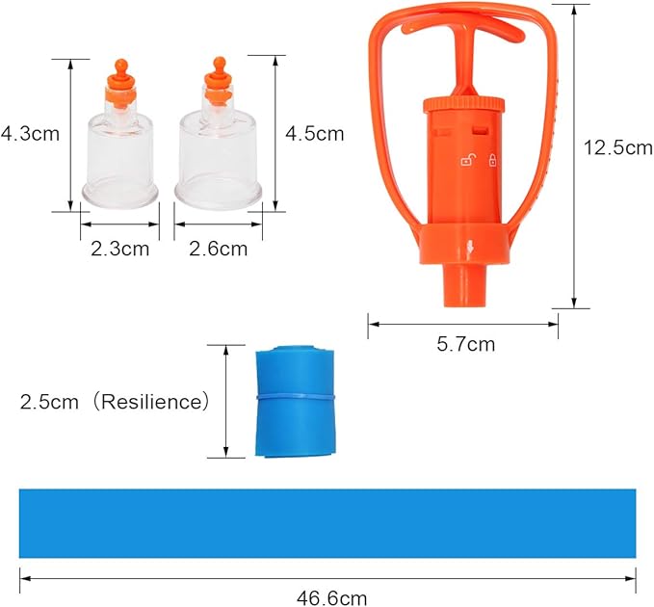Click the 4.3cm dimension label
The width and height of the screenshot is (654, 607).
30,134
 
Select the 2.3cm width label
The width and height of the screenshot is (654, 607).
119,249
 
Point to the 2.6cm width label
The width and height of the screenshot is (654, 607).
218,249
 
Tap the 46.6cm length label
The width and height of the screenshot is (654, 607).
331,597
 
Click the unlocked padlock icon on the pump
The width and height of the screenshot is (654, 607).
467,160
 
